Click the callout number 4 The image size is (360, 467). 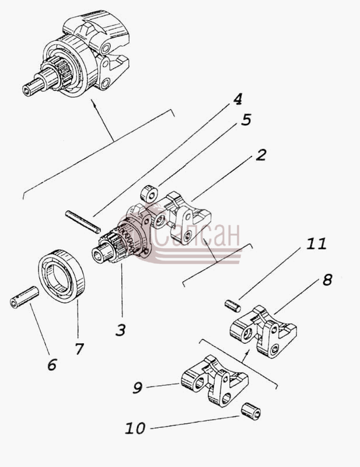click(x=237, y=99)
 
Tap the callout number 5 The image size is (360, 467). click(x=246, y=120)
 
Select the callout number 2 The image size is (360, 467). click(x=261, y=155)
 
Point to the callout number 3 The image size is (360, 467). click(x=121, y=330)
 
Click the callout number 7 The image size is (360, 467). click(x=79, y=349)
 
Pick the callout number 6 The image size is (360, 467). click(x=52, y=365)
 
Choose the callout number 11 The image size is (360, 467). click(x=316, y=244)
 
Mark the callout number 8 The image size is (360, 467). click(x=327, y=280)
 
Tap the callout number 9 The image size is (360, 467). click(x=138, y=388)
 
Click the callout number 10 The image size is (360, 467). click(x=135, y=428)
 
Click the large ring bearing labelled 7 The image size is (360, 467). click(x=62, y=276)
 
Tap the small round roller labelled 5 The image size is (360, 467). click(x=149, y=194)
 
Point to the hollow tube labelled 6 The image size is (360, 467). click(x=24, y=297)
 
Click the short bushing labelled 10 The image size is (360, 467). click(x=251, y=411)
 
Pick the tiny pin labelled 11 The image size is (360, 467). click(x=232, y=306)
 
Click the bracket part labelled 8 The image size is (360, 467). click(x=264, y=331)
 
